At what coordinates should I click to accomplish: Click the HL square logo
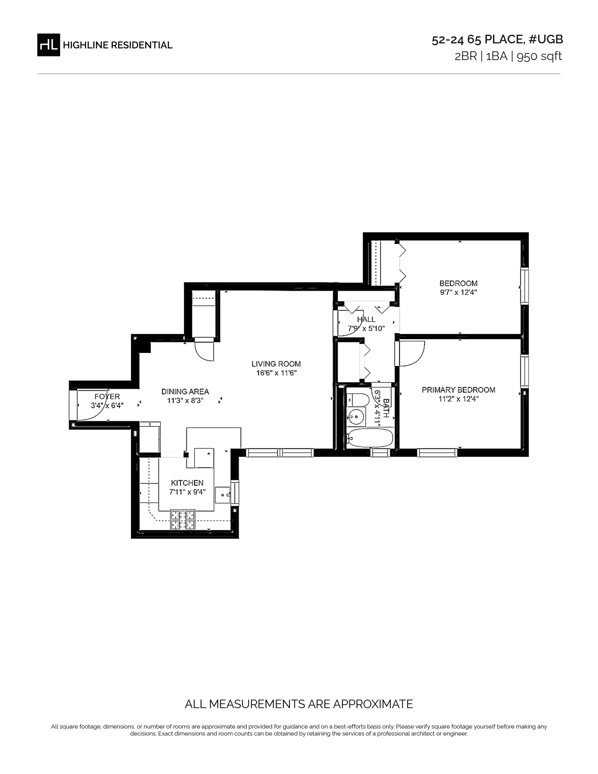coord(49,45)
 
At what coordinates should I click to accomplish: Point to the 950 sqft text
coord(539,56)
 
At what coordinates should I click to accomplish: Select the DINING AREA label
coord(185,392)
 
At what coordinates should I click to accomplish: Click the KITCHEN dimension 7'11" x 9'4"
coord(187,492)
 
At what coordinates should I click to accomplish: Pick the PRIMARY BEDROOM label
coord(458,390)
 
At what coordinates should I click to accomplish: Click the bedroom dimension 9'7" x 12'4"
coord(458,292)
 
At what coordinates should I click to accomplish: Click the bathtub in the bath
coord(370,438)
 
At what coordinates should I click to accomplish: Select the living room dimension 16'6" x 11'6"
coord(276,373)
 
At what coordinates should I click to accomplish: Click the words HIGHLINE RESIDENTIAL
coord(118,45)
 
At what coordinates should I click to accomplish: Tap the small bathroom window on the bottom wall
coord(380,453)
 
